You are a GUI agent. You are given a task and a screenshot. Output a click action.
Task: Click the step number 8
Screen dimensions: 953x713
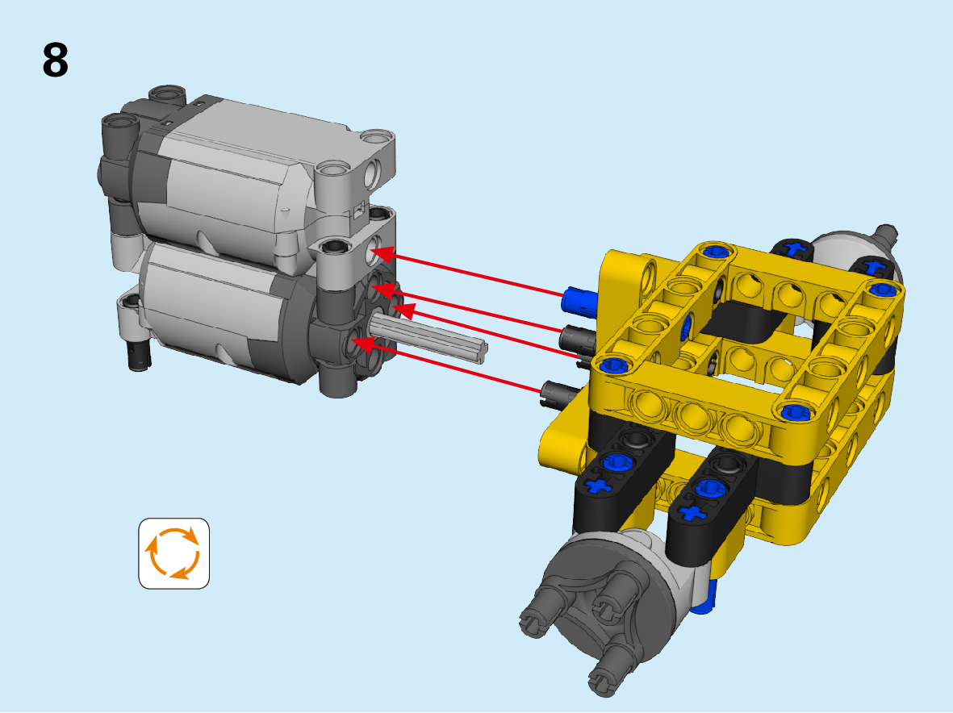click(x=56, y=60)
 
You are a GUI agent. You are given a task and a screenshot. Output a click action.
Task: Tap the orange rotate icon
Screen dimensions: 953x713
click(x=173, y=553)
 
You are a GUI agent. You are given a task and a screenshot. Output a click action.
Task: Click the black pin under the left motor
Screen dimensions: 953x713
click(x=139, y=356)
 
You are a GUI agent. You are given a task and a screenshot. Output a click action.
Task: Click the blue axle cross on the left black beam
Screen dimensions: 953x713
click(x=598, y=486)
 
